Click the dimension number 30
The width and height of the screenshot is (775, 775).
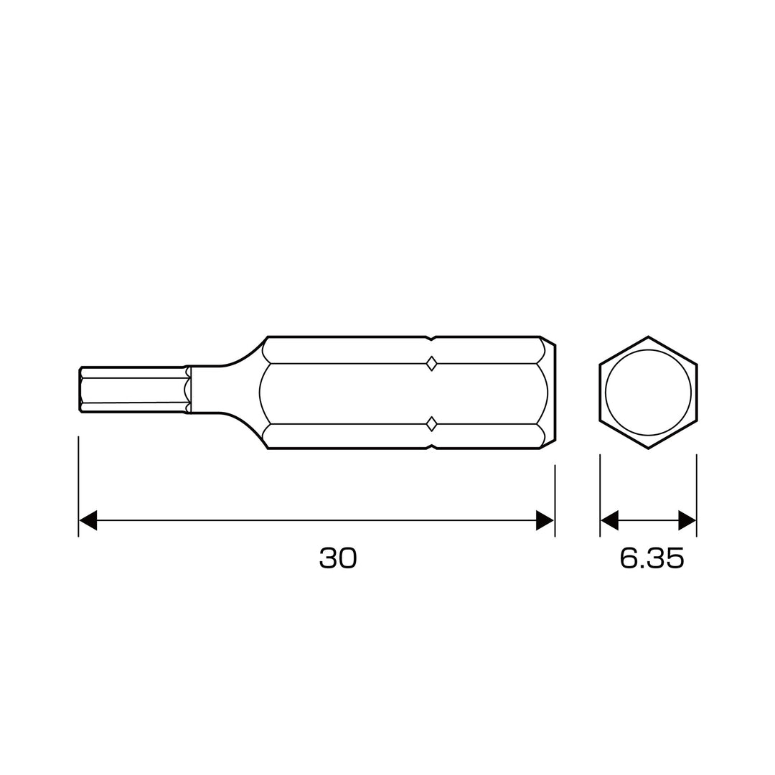point(337,558)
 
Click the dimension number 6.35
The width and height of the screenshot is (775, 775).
point(652,558)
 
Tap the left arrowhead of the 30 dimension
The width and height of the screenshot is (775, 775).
point(88,520)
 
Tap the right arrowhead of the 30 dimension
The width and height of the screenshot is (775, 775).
point(545,520)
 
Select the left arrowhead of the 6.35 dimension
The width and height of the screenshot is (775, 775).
point(609,520)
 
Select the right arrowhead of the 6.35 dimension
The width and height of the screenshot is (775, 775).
point(687,520)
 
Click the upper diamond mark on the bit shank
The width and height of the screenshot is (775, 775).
point(431,364)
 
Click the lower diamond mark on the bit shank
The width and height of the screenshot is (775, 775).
point(431,423)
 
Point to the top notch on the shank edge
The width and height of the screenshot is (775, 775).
point(432,339)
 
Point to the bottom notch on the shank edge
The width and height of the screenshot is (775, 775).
point(432,446)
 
